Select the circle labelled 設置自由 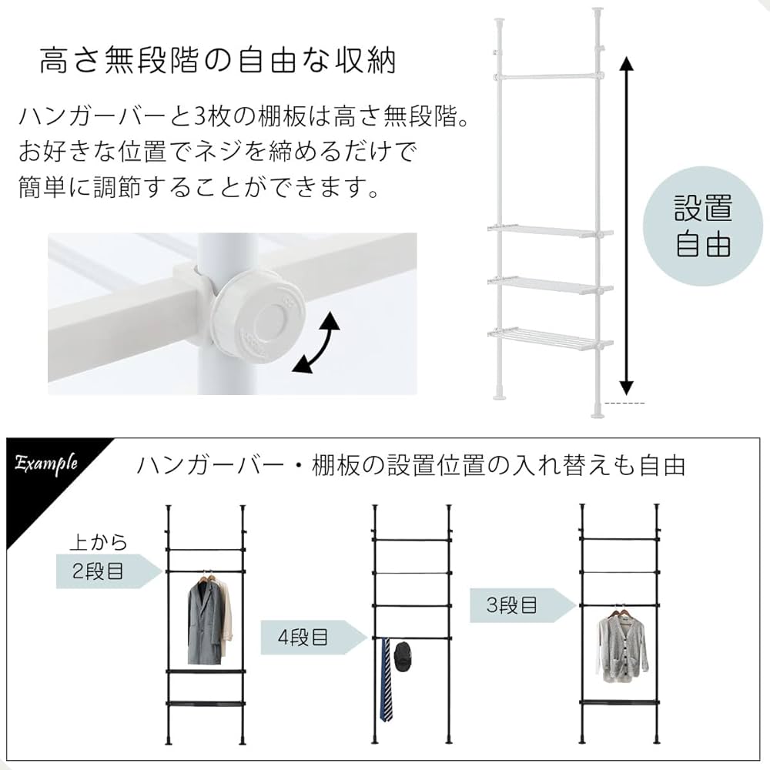pyautogui.click(x=702, y=227)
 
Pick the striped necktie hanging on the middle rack pyautogui.click(x=385, y=681)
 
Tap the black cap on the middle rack pyautogui.click(x=402, y=656)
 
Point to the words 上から pyautogui.click(x=98, y=542)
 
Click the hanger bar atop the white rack pyautogui.click(x=548, y=75)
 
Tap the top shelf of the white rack pyautogui.click(x=548, y=230)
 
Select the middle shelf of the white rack pyautogui.click(x=548, y=285)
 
